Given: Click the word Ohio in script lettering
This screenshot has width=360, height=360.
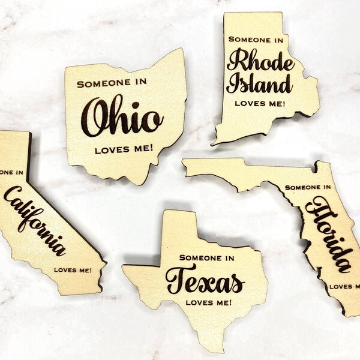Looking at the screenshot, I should [122, 116].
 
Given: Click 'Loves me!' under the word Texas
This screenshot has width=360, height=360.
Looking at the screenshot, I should [206, 302].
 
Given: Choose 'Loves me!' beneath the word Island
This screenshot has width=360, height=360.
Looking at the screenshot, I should [260, 103].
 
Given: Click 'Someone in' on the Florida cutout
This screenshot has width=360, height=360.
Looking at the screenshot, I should [308, 187].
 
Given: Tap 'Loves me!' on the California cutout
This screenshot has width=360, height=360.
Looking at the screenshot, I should [73, 269].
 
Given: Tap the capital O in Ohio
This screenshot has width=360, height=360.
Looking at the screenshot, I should [96, 117].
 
